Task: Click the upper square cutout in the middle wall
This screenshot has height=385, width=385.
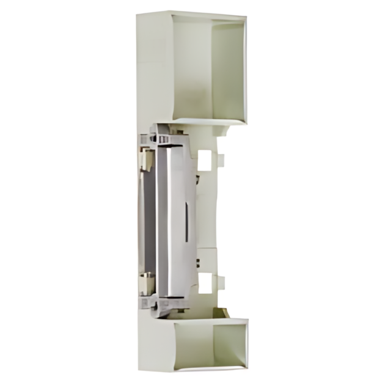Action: (207, 160)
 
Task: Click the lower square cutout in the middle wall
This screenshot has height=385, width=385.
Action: (207, 282)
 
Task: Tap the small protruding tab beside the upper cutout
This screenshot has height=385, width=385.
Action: (221, 161)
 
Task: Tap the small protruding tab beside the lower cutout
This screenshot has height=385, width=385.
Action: (221, 282)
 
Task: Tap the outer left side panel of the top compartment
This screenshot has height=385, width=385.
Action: (153, 67)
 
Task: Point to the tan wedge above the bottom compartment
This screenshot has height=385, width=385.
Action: (217, 313)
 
